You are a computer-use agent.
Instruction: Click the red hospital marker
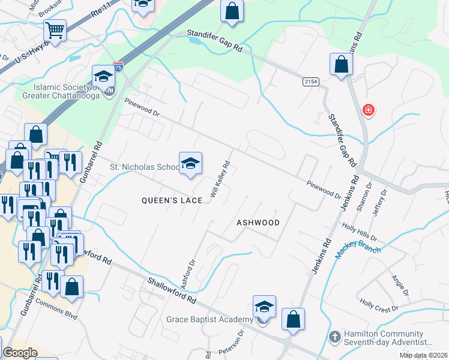[369, 110]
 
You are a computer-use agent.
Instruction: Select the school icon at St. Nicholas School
[190, 163]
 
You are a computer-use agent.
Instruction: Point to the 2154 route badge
[310, 82]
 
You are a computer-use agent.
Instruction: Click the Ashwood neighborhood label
[258, 222]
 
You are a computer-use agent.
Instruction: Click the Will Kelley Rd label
[220, 179]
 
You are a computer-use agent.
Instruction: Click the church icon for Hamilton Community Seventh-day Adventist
[334, 337]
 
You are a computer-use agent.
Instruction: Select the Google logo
[20, 353]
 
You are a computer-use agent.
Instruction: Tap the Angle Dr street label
[399, 285]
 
